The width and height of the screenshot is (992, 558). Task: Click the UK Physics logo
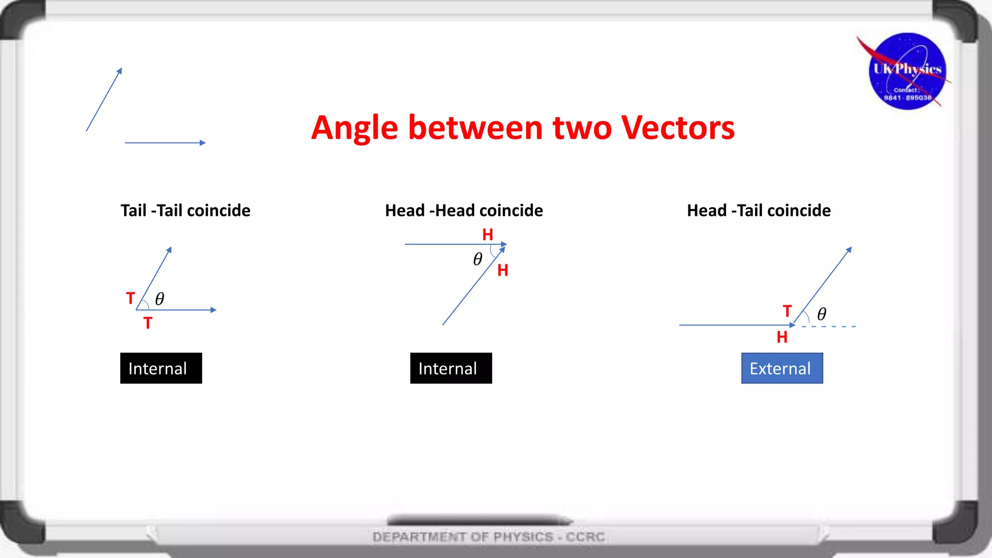[907, 71]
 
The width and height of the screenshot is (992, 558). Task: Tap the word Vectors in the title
[678, 128]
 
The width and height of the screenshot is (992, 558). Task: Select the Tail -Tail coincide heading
[186, 211]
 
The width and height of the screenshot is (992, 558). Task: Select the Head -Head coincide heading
[464, 211]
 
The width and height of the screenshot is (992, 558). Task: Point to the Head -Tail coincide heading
[759, 211]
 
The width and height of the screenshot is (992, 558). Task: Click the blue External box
[782, 368]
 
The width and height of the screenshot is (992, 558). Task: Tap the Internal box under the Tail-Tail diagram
[161, 368]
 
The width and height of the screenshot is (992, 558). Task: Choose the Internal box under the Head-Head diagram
[451, 368]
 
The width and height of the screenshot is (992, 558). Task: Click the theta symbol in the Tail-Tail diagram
[159, 299]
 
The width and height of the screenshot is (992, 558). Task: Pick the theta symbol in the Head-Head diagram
[478, 259]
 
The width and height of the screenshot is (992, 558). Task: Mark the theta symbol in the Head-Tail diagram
[821, 314]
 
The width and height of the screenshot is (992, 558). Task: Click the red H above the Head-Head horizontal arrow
[488, 235]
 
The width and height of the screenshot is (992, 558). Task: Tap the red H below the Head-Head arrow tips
[503, 270]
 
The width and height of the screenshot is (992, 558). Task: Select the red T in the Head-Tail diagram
[787, 311]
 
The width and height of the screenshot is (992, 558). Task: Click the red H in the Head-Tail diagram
[782, 337]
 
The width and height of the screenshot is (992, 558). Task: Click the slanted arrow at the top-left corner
[104, 100]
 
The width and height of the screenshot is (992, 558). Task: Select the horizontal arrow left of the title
[165, 143]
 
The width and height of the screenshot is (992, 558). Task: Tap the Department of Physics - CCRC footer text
[489, 537]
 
